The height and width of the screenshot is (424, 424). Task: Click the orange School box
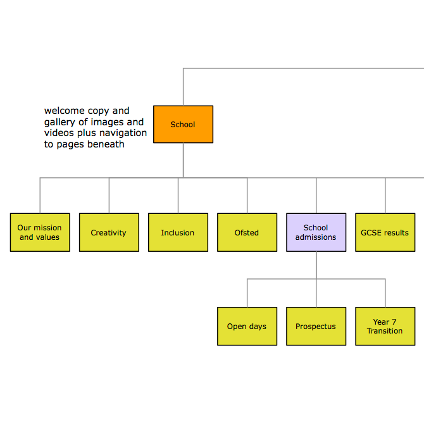click(183, 124)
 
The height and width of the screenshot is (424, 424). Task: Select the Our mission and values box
click(40, 232)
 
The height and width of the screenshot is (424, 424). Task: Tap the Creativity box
click(109, 232)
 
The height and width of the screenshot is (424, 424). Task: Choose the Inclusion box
click(178, 232)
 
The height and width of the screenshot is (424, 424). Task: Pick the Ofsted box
click(247, 232)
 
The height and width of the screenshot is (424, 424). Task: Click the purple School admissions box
click(316, 232)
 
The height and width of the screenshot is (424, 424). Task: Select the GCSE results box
click(385, 232)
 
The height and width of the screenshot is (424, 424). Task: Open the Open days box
click(247, 327)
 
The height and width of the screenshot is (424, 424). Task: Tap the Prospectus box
click(316, 327)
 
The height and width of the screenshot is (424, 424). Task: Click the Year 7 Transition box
click(385, 327)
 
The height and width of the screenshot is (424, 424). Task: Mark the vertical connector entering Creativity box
click(109, 196)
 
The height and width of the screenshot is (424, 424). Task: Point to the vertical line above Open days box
click(247, 293)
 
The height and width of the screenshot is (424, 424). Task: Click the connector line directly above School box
click(183, 87)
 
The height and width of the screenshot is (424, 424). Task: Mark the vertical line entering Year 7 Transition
click(385, 293)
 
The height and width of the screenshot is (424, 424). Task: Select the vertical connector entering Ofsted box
click(247, 196)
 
